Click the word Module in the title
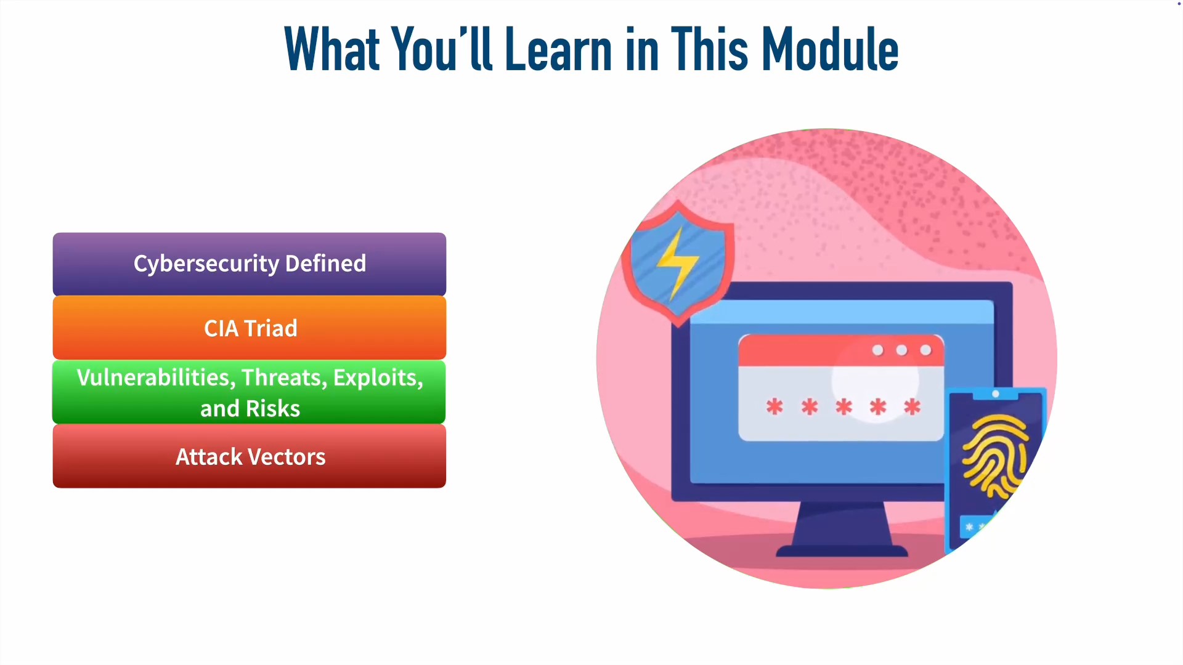(x=830, y=49)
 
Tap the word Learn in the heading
(x=558, y=49)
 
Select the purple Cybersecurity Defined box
(x=250, y=264)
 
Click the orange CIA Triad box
(x=250, y=328)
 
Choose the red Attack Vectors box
(x=250, y=456)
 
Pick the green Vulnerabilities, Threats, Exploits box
(x=250, y=392)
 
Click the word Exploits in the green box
(x=378, y=377)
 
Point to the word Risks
(x=273, y=408)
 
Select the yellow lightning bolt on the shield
(x=677, y=263)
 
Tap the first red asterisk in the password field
(x=774, y=406)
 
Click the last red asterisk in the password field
(x=913, y=406)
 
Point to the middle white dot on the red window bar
(x=901, y=350)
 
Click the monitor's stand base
(x=842, y=550)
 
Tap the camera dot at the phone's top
(x=996, y=393)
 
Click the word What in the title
(x=332, y=49)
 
